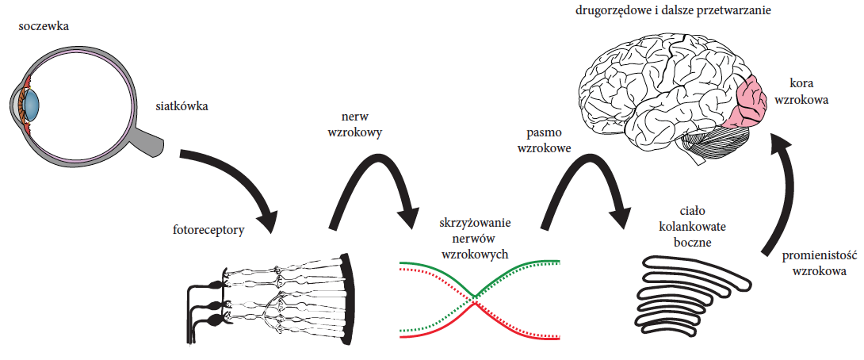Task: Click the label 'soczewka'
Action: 44,26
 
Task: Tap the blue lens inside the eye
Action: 32,102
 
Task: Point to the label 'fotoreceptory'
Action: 207,230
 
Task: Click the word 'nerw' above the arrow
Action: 354,118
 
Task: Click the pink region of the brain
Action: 747,101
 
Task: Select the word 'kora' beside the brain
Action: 801,84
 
